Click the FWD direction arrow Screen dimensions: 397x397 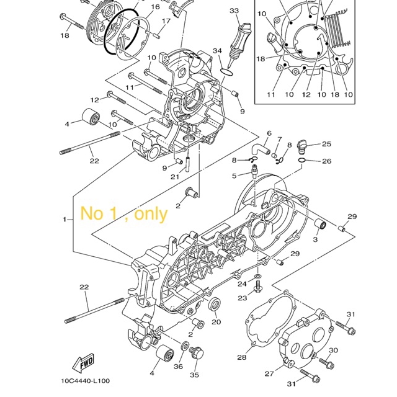coord(83,363)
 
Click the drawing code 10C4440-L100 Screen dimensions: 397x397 coord(86,381)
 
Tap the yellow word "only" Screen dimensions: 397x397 coord(151,214)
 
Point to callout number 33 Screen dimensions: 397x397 coord(234,11)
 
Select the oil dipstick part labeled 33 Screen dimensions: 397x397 coord(239,43)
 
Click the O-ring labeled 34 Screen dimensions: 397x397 coord(226,72)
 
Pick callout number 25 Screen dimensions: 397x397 coord(327,144)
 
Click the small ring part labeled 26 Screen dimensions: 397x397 coord(302,160)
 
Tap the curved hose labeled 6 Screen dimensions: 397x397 coord(260,149)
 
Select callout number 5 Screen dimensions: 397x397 coord(234,176)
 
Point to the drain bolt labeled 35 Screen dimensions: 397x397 coord(197,352)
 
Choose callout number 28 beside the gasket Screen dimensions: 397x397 coord(242,357)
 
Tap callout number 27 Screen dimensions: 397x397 coord(269,373)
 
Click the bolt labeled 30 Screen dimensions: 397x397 coord(326,363)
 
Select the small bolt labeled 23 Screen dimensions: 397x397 coord(258,287)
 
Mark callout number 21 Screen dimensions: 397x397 coord(175,177)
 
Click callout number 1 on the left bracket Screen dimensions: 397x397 coord(65,219)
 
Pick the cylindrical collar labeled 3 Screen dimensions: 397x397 coord(320,225)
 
